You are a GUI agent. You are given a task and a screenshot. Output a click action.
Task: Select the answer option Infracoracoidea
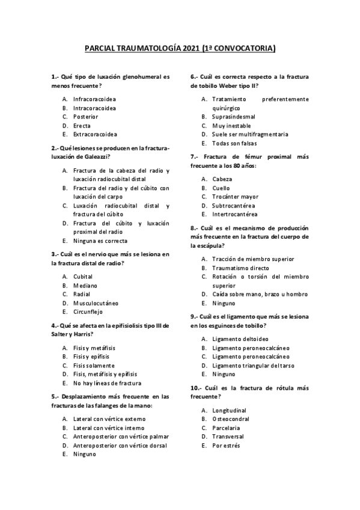[x=94, y=99]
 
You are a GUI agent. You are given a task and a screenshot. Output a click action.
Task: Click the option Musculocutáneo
[x=96, y=303]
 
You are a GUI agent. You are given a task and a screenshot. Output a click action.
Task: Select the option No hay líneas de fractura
[x=107, y=383]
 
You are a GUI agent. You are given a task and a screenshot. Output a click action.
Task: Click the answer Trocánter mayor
[x=235, y=197]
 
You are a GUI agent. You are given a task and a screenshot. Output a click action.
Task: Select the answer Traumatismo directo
[x=240, y=268]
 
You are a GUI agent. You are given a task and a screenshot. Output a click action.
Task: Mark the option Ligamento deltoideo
[x=239, y=339]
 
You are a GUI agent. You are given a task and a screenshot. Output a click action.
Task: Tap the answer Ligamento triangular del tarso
[x=253, y=365]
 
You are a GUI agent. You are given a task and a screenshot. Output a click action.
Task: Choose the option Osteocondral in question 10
[x=231, y=419]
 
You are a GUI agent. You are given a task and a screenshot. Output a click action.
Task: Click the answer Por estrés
[x=226, y=445]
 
